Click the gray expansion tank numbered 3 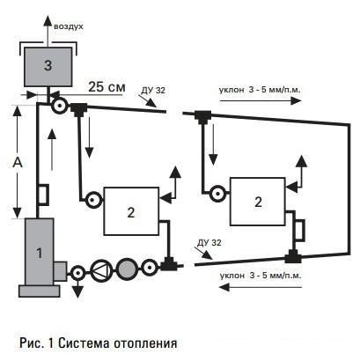(48, 67)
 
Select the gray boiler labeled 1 (40, 252)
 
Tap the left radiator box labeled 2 (131, 211)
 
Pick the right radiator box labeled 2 (258, 202)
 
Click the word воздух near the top (69, 26)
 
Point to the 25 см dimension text (107, 87)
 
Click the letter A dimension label (18, 162)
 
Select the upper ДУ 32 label (153, 91)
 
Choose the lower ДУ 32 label (209, 243)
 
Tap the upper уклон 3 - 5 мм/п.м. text (260, 90)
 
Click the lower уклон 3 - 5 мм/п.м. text (261, 276)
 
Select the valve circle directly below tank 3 (60, 106)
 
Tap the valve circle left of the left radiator (94, 200)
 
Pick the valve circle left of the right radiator (218, 194)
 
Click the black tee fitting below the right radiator (293, 256)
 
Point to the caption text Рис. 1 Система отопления (99, 343)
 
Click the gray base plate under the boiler (40, 291)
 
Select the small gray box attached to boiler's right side (60, 271)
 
